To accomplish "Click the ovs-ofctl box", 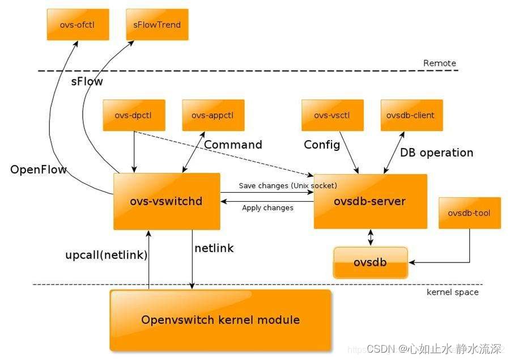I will tap(78, 24).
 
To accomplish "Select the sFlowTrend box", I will tap(157, 24).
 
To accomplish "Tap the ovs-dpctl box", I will tap(134, 115).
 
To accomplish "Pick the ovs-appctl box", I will tap(213, 115).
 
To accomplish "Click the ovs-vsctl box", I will tap(332, 115).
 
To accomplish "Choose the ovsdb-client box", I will tap(411, 115).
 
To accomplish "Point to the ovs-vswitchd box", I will tap(167, 201).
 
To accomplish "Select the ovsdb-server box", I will tap(370, 201).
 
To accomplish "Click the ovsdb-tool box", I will tap(469, 213).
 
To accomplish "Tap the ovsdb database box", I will tap(370, 262).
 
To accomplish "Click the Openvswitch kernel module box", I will tap(220, 320).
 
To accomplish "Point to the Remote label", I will tap(439, 63).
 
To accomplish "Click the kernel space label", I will tap(452, 292).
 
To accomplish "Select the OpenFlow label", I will tap(39, 170).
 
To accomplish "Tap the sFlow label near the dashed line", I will tap(87, 82).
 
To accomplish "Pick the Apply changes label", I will tap(267, 207).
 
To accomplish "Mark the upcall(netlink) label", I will tap(106, 255).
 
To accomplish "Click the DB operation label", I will tap(436, 153).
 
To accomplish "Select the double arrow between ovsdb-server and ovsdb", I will tap(371, 238).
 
